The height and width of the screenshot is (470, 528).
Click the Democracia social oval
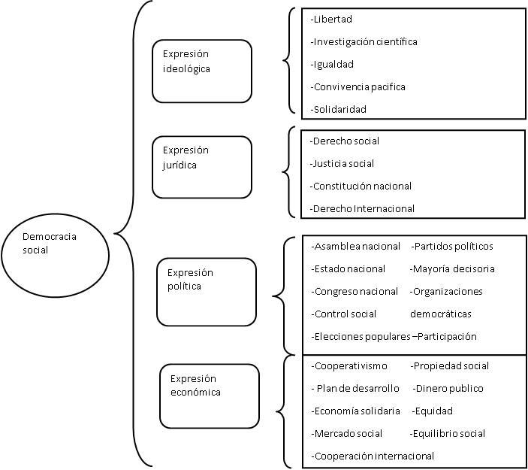coord(56,255)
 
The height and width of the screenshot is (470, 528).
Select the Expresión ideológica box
coord(202,71)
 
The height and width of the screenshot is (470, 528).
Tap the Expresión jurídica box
coord(202,167)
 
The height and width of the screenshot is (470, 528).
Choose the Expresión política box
coord(207,292)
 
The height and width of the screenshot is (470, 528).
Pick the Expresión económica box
coord(210,396)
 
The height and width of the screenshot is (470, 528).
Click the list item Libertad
coord(331,20)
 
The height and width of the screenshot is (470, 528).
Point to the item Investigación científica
coord(364,42)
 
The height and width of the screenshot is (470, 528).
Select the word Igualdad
coord(332,65)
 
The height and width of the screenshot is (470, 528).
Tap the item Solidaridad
coord(339,109)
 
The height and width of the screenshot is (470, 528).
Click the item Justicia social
coord(342,163)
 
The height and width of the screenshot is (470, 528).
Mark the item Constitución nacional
coord(361,186)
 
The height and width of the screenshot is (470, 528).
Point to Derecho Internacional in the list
coord(362,209)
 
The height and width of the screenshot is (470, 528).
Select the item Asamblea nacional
coord(356,247)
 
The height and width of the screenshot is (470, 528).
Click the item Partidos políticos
coord(452,247)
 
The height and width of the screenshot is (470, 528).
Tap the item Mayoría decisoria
coord(452,269)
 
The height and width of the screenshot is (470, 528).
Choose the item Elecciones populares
coord(361,336)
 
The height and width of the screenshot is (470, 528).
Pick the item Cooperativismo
coord(349,366)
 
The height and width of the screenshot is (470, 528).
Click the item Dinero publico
coord(448,389)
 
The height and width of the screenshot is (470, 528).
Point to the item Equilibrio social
coord(448,434)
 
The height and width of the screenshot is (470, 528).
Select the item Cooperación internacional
coord(373,456)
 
